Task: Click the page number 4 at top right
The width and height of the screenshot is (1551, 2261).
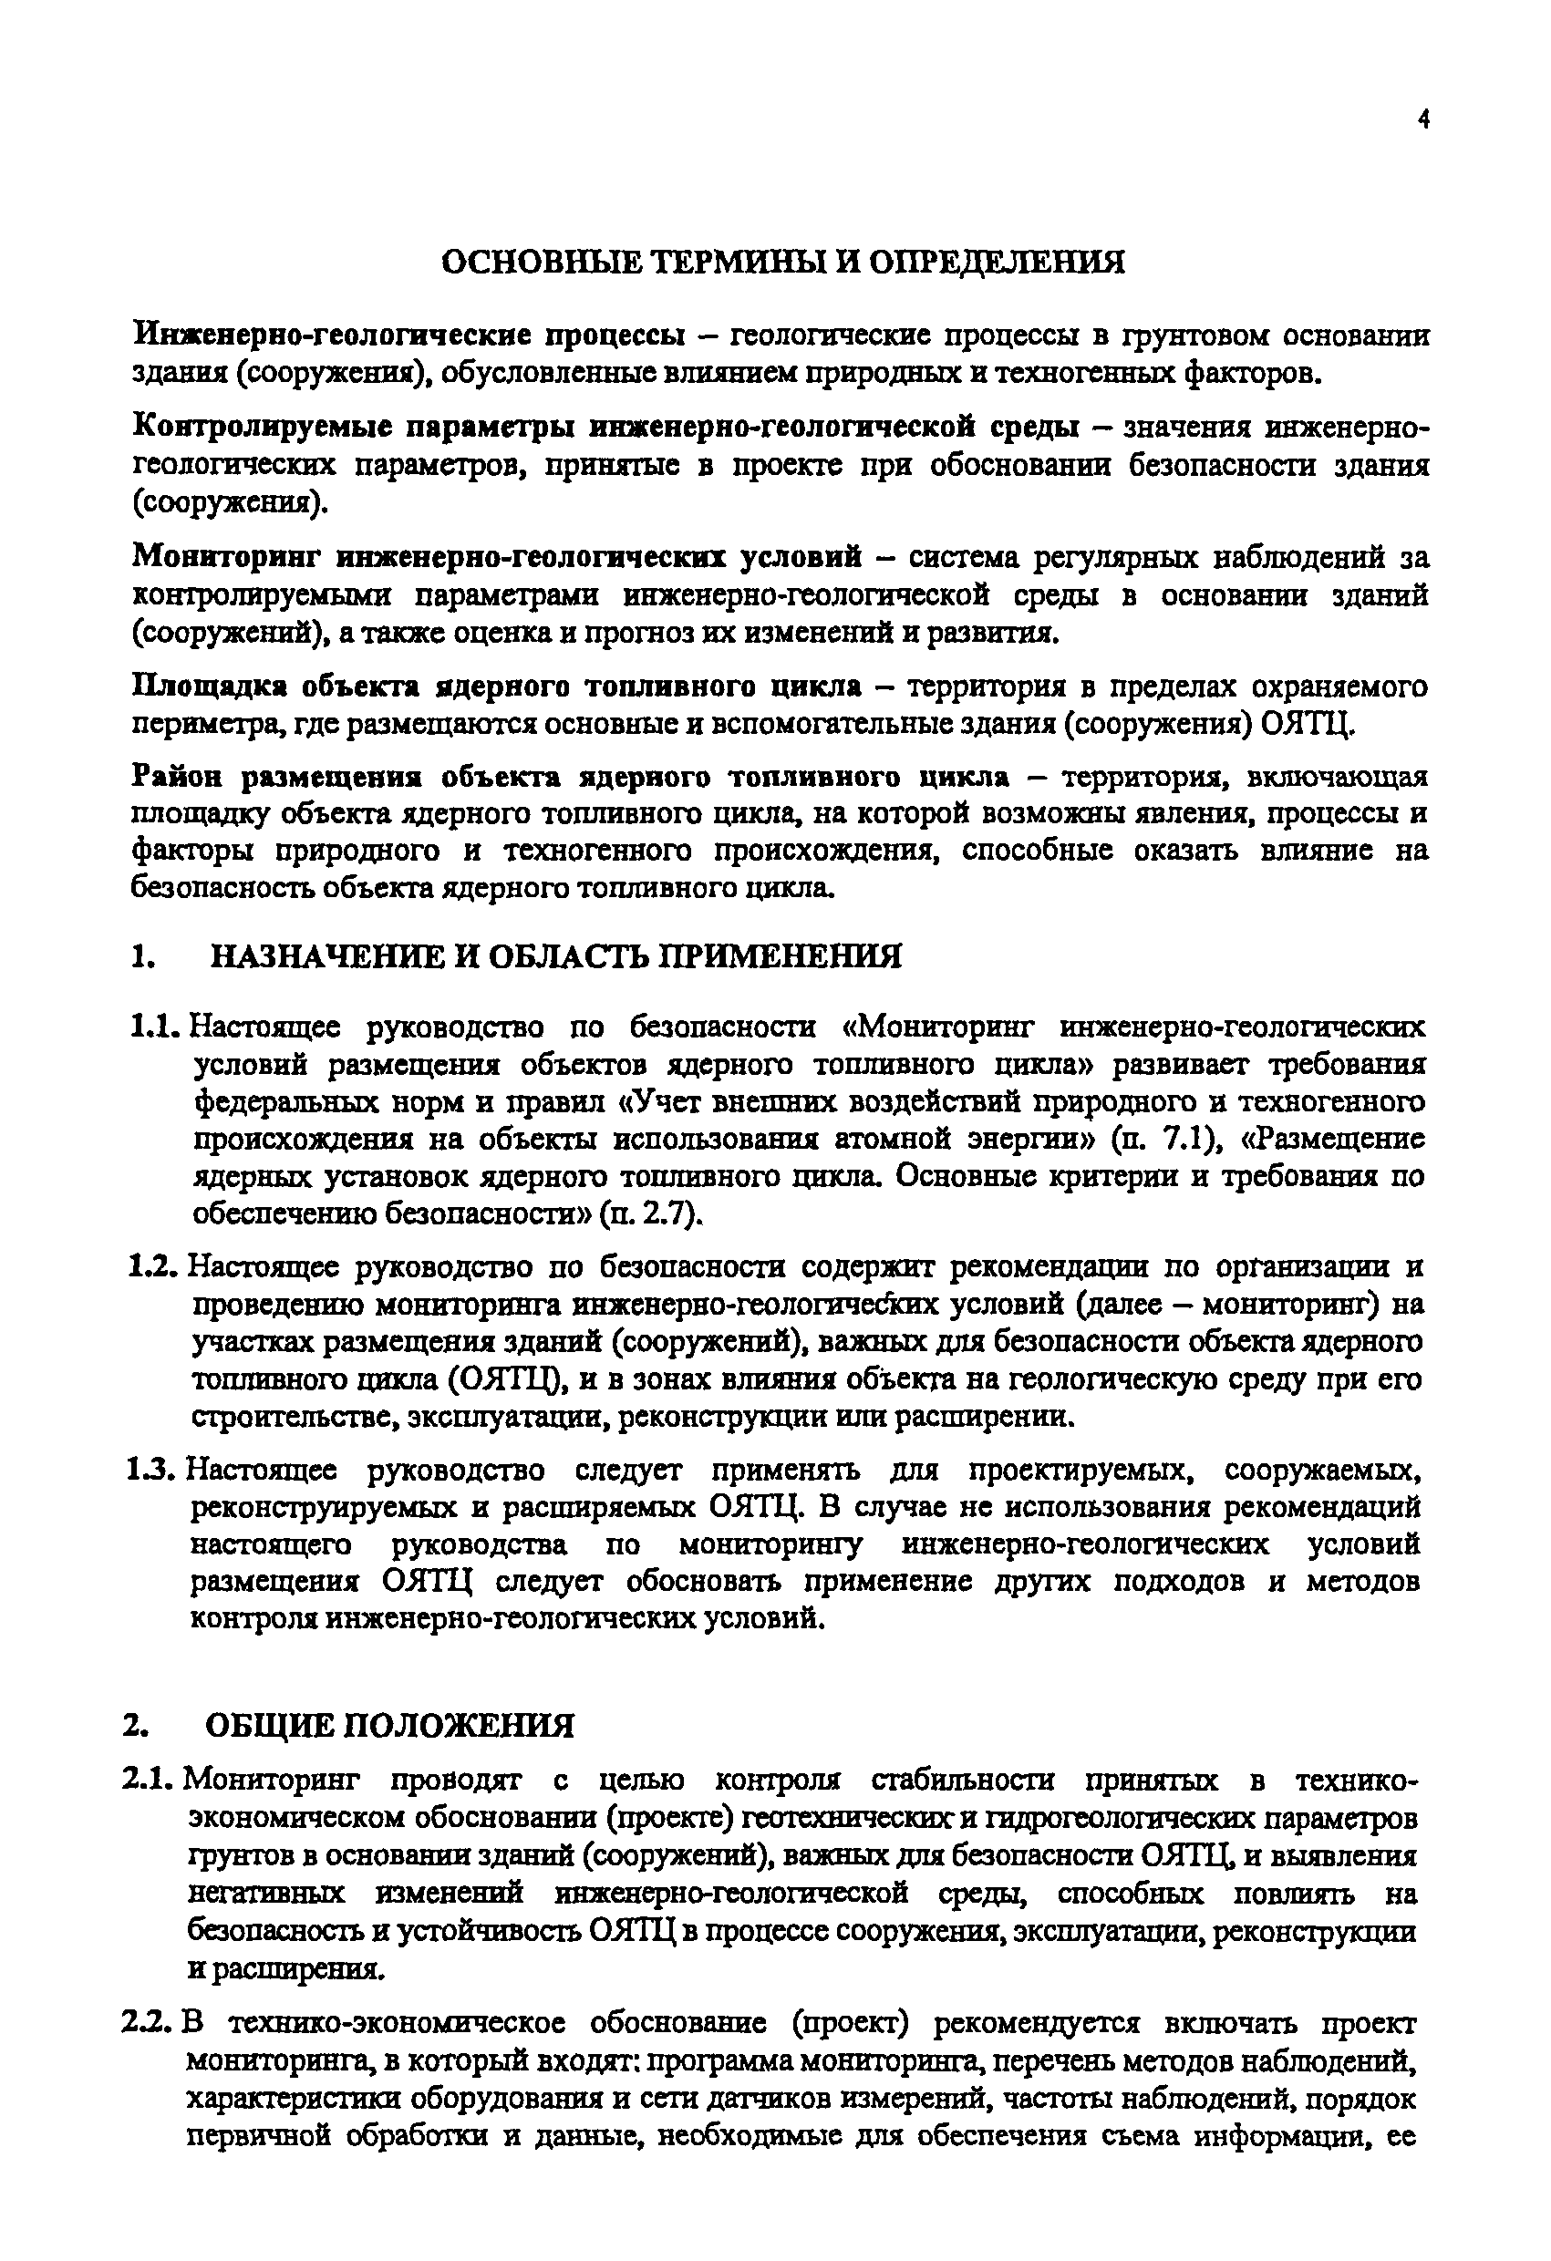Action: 1423,120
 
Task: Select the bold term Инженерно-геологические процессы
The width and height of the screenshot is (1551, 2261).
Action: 408,336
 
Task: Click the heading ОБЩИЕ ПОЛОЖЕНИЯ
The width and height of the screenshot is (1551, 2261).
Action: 389,1725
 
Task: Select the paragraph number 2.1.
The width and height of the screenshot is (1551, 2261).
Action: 149,1781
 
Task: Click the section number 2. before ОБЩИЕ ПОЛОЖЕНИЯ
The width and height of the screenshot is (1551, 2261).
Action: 135,1725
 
